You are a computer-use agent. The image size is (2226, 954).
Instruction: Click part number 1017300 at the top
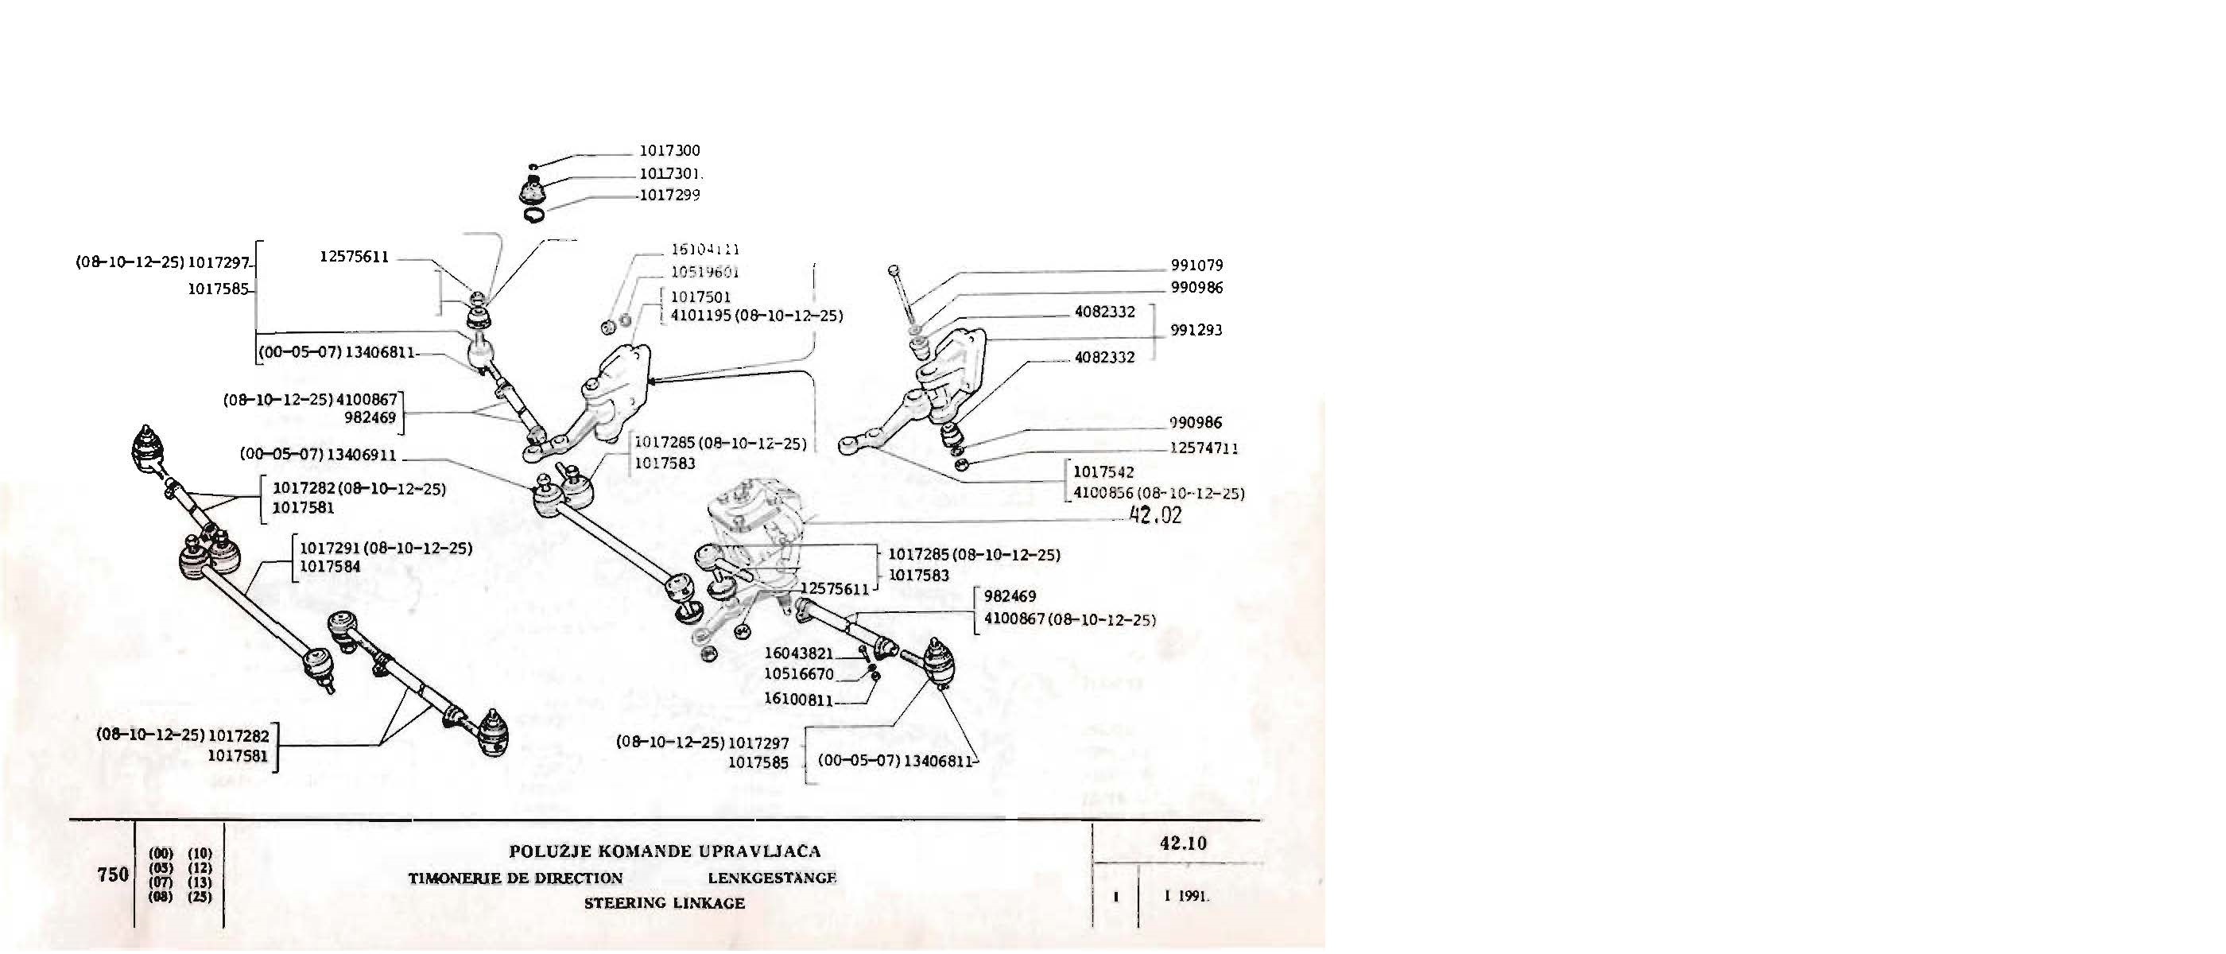669,151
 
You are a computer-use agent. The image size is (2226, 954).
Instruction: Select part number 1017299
669,196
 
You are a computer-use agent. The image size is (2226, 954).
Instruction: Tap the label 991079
1196,266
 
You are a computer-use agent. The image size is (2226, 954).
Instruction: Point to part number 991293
1196,330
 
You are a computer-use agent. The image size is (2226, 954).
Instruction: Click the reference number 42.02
1155,517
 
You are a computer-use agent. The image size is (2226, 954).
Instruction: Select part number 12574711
1204,448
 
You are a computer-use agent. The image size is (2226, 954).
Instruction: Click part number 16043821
798,654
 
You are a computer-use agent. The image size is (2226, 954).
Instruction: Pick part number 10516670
798,674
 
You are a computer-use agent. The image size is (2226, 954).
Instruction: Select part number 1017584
330,567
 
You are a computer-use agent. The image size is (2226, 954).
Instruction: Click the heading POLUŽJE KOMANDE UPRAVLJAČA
665,851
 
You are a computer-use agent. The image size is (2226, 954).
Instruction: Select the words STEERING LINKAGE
664,903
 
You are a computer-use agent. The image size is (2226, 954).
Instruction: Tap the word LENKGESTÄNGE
772,878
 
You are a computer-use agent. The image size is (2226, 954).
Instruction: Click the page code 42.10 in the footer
1183,843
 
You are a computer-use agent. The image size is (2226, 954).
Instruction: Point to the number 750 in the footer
113,874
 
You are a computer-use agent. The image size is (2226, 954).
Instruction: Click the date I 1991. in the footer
1186,897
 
